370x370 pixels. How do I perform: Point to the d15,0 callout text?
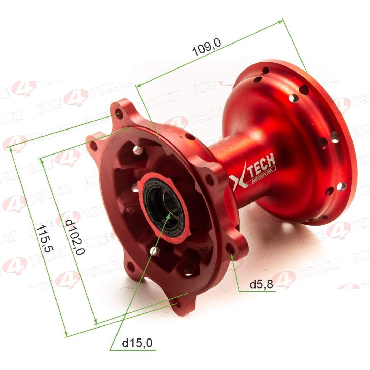point(137,342)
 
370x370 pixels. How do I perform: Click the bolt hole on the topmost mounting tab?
point(119,114)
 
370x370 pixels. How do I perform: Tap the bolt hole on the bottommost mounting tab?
point(177,303)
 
